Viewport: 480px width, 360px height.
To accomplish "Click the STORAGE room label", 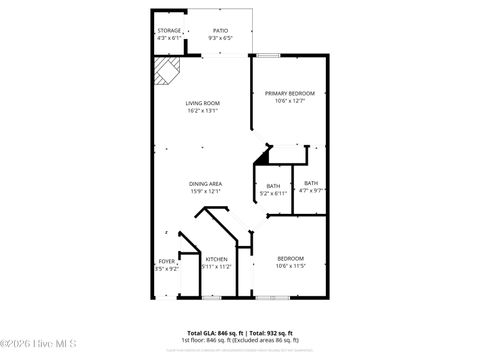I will coord(169,30).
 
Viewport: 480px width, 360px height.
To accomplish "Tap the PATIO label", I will coord(220,30).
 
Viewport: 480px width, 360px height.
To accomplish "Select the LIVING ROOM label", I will coord(202,103).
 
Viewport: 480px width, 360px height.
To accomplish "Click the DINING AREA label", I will coord(205,184).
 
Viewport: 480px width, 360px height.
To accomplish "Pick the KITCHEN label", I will coord(217,259).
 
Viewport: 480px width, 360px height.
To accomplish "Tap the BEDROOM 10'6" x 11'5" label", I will coord(290,259).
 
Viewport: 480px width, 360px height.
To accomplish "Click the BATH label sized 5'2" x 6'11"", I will coord(273,184).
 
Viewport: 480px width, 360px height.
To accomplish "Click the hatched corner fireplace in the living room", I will coord(165,71).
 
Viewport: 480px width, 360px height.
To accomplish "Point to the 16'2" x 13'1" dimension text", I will coord(202,111).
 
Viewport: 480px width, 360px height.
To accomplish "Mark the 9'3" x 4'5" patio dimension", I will coord(220,38).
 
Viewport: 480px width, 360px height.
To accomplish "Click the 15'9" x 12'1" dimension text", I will coord(205,192).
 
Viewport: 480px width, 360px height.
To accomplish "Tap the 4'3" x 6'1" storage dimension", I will coord(169,38).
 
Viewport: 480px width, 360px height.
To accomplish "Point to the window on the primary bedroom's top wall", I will coord(268,54).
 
